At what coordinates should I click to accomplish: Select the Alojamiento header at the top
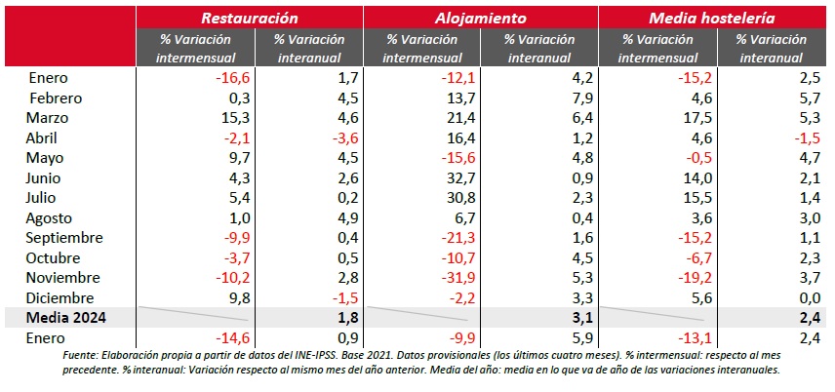coord(481,18)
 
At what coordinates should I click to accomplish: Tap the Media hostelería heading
coord(716,18)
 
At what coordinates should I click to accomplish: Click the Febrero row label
coord(56,98)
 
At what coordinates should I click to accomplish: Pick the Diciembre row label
coord(60,297)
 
